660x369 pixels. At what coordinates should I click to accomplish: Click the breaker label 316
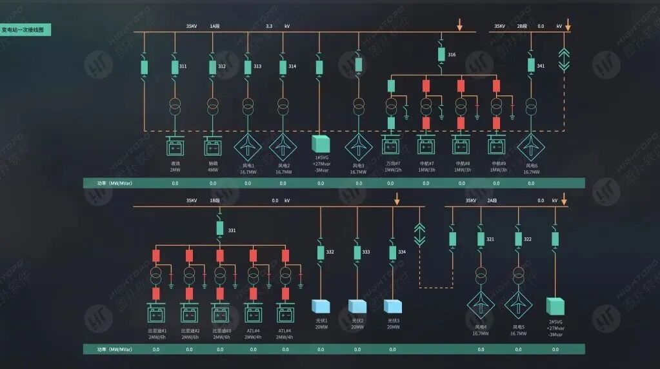pyautogui.click(x=452, y=55)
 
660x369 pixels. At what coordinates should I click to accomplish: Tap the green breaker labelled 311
pyautogui.click(x=175, y=66)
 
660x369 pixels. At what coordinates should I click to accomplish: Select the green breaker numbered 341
pyautogui.click(x=531, y=65)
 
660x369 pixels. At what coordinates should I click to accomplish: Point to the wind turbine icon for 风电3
pyautogui.click(x=358, y=146)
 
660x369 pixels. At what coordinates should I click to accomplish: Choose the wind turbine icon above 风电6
pyautogui.click(x=531, y=146)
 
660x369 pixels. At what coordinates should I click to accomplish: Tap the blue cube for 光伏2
pyautogui.click(x=357, y=306)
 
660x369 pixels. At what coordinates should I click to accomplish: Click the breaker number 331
pyautogui.click(x=232, y=230)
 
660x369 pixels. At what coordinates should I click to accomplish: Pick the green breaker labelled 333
pyautogui.click(x=357, y=252)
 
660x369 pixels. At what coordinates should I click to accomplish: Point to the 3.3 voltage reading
pyautogui.click(x=270, y=26)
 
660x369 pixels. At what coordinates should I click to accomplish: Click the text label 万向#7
pyautogui.click(x=393, y=163)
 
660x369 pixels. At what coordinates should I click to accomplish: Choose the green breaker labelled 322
pyautogui.click(x=517, y=239)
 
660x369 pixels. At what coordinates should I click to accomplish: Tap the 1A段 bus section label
pyautogui.click(x=215, y=26)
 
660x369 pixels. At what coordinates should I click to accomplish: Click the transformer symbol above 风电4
pyautogui.click(x=480, y=273)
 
